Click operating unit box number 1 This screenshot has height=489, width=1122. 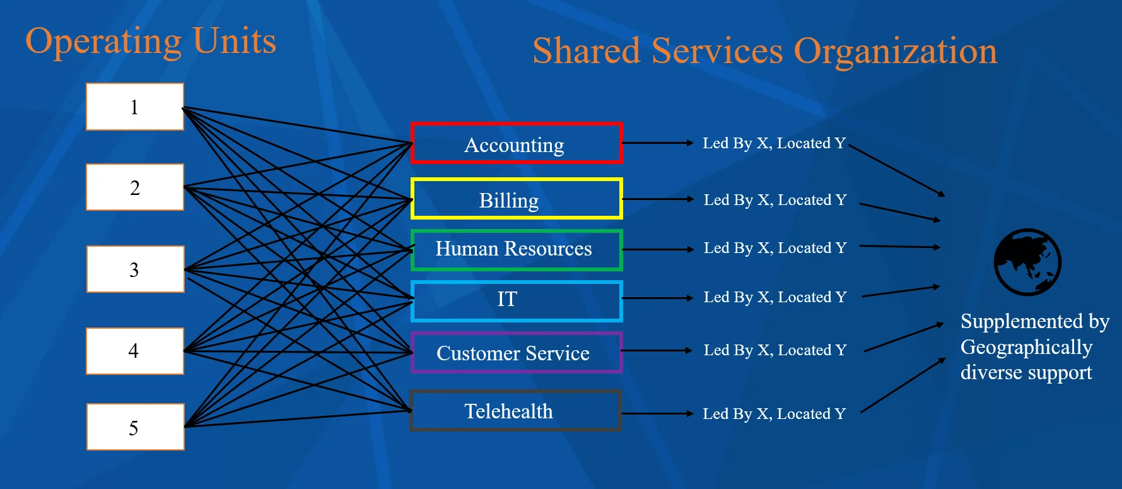click(x=135, y=107)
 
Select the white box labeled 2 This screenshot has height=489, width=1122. click(x=135, y=187)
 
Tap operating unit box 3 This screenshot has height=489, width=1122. click(x=135, y=269)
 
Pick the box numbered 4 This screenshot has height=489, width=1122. click(x=135, y=351)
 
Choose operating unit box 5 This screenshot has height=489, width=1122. click(x=135, y=427)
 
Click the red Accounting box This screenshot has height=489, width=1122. click(x=516, y=144)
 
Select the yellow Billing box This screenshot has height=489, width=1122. click(x=516, y=199)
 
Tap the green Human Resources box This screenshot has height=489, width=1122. click(x=516, y=249)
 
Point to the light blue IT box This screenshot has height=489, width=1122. click(x=516, y=300)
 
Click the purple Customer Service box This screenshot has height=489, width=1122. click(x=516, y=353)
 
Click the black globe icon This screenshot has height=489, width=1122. click(x=1027, y=262)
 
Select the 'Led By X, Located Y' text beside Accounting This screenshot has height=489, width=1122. click(x=774, y=143)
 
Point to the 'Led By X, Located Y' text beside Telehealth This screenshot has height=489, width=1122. click(x=774, y=414)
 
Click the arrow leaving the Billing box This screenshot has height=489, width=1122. click(x=657, y=199)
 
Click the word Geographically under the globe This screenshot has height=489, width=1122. click(x=1026, y=347)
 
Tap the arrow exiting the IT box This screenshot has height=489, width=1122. click(x=657, y=298)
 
